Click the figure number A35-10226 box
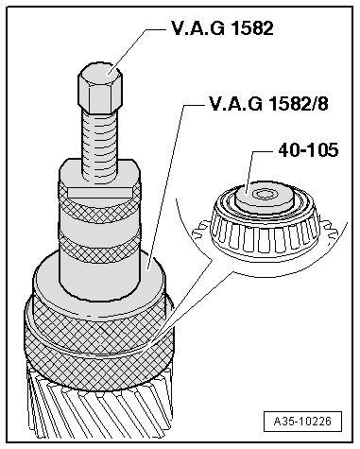303,423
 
